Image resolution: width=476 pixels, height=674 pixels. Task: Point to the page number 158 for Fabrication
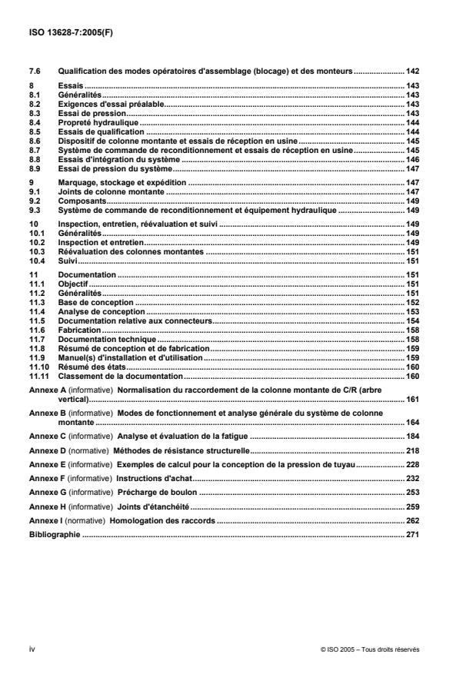click(x=411, y=329)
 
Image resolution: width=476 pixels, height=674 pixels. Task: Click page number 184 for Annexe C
click(x=411, y=437)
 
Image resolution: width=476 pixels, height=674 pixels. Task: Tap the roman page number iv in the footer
click(x=32, y=649)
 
